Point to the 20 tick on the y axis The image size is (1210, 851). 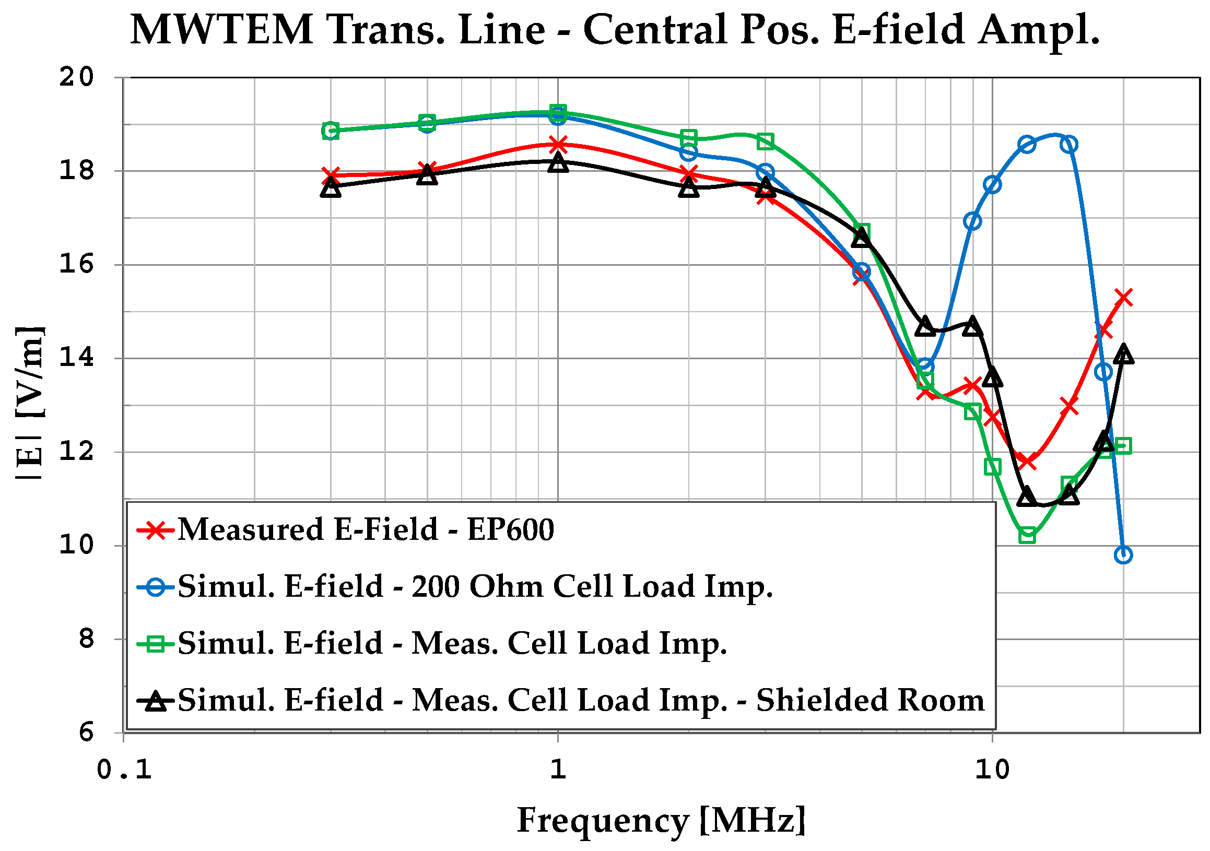click(76, 77)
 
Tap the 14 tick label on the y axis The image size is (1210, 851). click(76, 358)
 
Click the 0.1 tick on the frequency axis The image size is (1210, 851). click(124, 771)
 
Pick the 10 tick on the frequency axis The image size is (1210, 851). click(992, 771)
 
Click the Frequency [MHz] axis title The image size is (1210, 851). click(661, 820)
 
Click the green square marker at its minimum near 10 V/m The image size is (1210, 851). click(1027, 536)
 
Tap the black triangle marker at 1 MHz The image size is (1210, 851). click(558, 163)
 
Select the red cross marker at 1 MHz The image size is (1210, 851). click(558, 144)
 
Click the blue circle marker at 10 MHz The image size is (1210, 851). click(992, 184)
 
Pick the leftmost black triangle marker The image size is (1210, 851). click(331, 187)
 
